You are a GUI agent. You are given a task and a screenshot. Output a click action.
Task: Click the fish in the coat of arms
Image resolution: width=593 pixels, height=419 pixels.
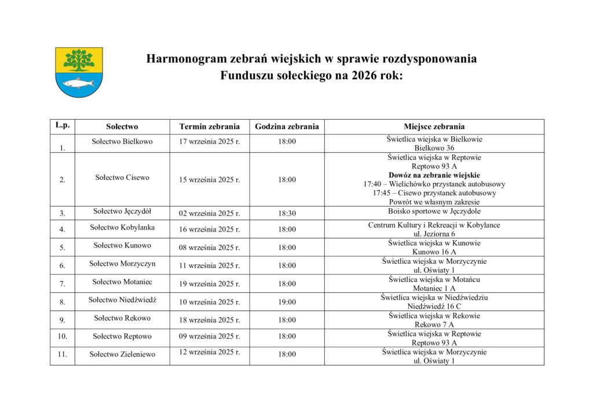pos(78,83)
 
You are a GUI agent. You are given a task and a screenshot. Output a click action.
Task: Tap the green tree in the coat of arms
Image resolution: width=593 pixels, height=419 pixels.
pos(79,60)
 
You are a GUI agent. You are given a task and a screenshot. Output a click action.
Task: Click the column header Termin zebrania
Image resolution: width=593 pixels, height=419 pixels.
pos(209,127)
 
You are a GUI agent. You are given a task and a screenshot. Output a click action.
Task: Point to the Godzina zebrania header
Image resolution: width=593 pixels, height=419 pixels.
pos(287,127)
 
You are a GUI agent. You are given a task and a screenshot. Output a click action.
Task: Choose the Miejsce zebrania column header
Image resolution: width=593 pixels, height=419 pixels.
pos(434,127)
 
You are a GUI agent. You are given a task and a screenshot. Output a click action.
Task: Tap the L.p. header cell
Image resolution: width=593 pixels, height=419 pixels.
pos(62,125)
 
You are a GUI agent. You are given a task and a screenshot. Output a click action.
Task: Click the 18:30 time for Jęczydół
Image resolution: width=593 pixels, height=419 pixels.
pos(287,214)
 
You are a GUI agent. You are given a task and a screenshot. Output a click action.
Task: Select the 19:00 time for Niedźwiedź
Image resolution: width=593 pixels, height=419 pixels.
pos(287,302)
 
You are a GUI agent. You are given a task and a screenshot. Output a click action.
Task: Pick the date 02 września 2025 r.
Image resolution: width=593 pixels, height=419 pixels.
pos(209,214)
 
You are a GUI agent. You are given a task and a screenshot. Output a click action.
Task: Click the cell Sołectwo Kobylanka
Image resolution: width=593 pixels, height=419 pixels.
pos(122,227)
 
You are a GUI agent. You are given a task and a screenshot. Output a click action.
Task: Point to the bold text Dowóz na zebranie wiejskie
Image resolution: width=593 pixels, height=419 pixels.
pos(434,175)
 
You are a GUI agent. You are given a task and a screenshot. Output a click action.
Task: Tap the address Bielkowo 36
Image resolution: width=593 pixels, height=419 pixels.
pos(434,148)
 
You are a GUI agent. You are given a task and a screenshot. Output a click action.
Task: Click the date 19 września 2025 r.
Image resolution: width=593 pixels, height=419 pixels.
pos(209,284)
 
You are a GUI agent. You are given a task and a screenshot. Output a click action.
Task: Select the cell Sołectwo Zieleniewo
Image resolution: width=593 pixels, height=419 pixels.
pos(122,354)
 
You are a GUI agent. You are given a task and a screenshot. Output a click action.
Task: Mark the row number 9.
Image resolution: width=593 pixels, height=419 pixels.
pos(62,320)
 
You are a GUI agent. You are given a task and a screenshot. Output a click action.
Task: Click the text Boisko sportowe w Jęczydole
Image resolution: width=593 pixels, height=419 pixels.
pos(434,212)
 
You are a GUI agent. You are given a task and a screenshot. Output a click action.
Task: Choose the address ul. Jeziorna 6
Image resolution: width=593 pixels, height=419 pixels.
pos(434,234)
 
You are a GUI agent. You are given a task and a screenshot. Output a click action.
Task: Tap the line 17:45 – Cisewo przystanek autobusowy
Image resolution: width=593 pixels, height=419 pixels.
pos(434,193)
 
